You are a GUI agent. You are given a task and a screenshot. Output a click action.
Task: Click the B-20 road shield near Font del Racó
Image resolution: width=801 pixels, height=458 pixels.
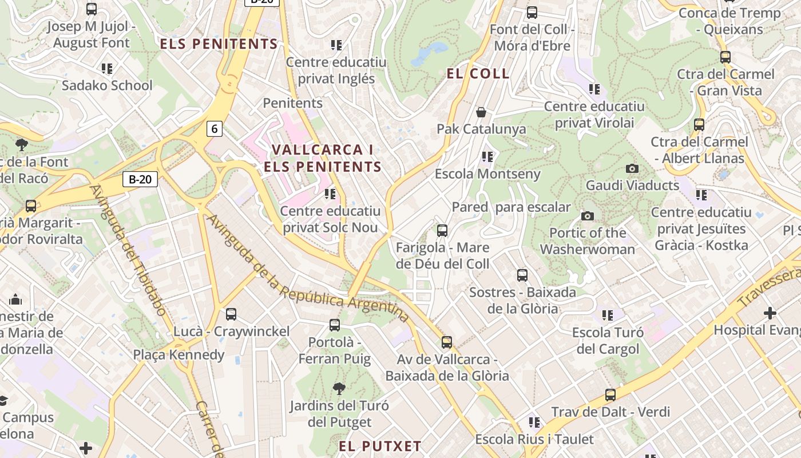click(140, 179)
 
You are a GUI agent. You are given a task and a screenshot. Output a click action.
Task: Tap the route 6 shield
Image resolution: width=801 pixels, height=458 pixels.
click(214, 129)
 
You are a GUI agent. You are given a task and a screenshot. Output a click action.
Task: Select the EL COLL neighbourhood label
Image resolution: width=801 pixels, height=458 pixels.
click(478, 73)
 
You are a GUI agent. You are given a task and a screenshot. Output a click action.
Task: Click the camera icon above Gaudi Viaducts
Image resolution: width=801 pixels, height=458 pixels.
click(632, 168)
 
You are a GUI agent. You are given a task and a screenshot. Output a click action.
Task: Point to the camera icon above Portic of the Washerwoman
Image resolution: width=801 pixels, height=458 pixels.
click(587, 216)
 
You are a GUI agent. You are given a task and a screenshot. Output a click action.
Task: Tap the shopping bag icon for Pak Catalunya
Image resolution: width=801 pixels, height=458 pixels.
click(481, 112)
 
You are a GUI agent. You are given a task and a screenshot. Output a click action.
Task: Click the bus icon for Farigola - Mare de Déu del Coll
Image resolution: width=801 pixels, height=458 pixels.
click(442, 231)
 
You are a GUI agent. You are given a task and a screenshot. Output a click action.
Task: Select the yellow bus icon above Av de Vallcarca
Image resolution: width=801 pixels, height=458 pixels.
click(446, 342)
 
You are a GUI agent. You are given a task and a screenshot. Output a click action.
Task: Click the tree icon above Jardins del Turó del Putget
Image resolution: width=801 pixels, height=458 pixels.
click(339, 389)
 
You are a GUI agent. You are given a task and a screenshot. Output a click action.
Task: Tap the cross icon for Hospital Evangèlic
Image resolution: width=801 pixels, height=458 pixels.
click(770, 313)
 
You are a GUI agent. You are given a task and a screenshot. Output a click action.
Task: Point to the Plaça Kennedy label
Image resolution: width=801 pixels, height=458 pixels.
click(179, 355)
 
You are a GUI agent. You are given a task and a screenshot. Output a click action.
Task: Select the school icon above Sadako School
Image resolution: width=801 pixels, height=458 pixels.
click(107, 69)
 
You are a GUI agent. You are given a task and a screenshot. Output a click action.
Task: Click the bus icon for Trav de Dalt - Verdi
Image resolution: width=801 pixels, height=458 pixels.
click(610, 395)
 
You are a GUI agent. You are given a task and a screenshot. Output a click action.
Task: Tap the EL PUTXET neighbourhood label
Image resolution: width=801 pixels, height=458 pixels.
click(380, 446)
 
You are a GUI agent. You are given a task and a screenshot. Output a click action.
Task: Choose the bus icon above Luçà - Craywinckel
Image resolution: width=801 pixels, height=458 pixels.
click(231, 314)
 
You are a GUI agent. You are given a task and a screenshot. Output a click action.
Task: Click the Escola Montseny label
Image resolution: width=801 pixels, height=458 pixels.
click(487, 173)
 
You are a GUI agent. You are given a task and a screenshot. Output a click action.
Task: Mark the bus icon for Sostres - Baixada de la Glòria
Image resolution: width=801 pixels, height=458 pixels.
click(522, 275)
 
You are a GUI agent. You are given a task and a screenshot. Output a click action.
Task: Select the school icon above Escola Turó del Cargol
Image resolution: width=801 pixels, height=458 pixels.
click(607, 315)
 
